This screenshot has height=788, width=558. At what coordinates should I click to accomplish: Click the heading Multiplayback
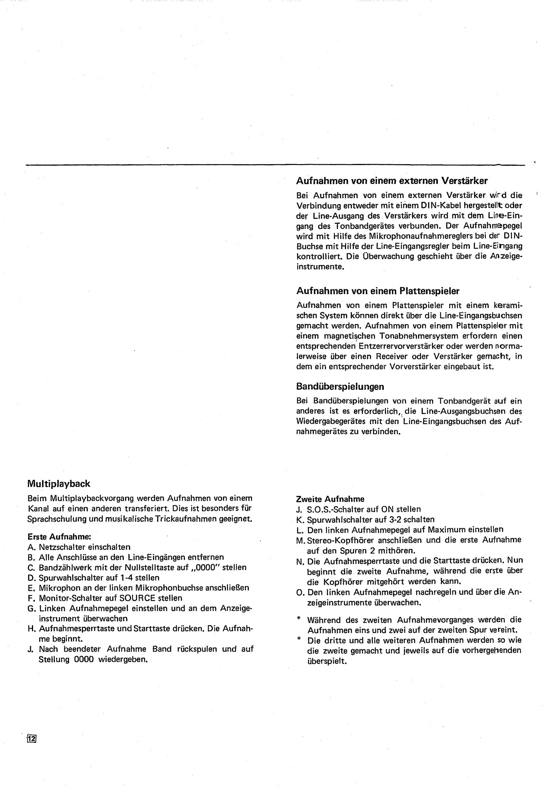pos(59,484)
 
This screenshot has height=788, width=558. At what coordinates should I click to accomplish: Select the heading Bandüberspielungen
pos(340,386)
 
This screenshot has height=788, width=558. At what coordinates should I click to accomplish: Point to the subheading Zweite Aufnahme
pos(330,499)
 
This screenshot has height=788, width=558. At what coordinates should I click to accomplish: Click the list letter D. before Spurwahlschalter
pos(32,578)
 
